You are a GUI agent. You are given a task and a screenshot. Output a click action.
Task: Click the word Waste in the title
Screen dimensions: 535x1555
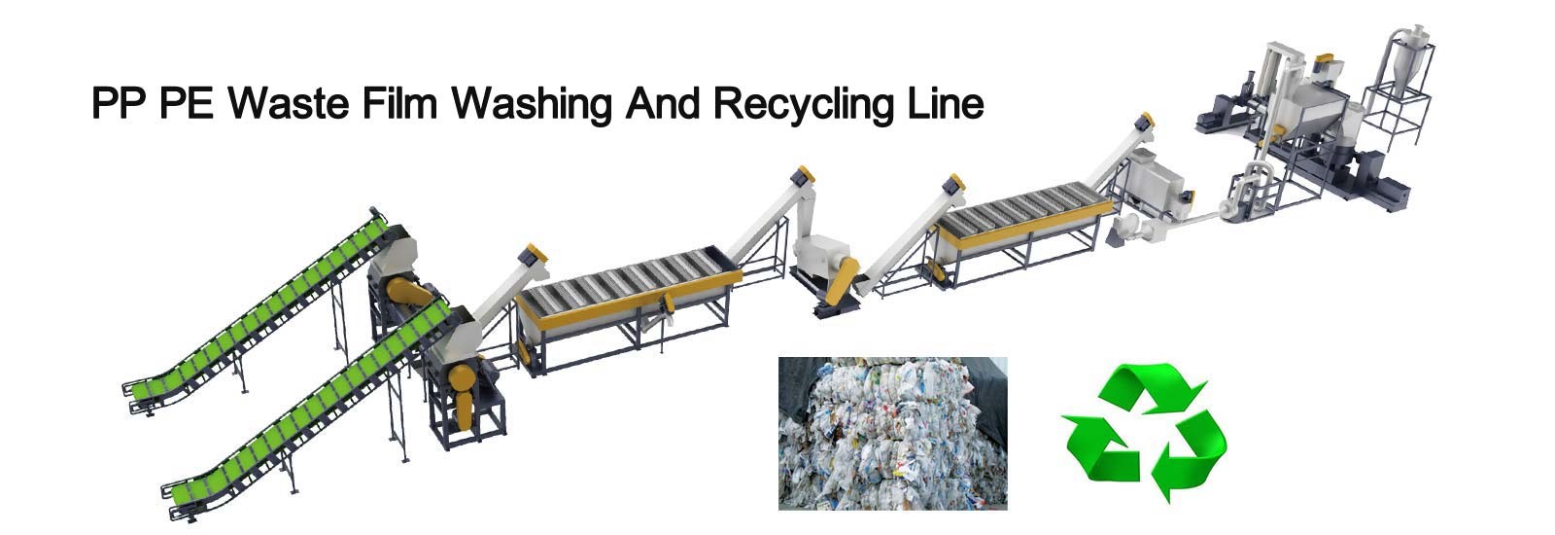click(289, 102)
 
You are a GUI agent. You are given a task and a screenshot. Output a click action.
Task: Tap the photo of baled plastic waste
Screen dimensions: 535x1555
click(892, 433)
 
